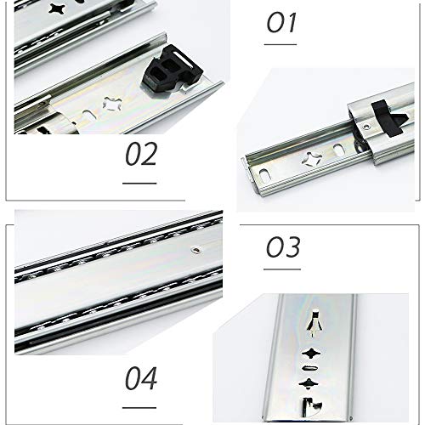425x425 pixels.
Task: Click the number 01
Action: [x=281, y=22]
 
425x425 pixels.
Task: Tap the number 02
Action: [x=141, y=154]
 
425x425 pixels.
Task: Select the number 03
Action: [x=283, y=246]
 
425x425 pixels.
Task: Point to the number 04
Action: [x=141, y=378]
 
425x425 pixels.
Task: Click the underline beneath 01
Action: [x=280, y=44]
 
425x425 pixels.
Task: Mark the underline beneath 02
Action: [x=139, y=184]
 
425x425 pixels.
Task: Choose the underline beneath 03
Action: [x=282, y=269]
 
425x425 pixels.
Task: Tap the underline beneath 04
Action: [x=139, y=408]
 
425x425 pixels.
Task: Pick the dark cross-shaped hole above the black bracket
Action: [x=56, y=8]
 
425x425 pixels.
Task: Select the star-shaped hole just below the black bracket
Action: [x=112, y=104]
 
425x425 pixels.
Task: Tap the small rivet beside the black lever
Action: [x=366, y=127]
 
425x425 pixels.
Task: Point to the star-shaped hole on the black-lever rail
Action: [x=312, y=159]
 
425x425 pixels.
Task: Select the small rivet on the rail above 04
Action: [x=196, y=250]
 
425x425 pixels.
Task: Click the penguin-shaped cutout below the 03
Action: [x=315, y=323]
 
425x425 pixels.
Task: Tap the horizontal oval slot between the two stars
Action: [x=310, y=368]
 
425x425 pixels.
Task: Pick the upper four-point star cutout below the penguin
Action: [x=311, y=354]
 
